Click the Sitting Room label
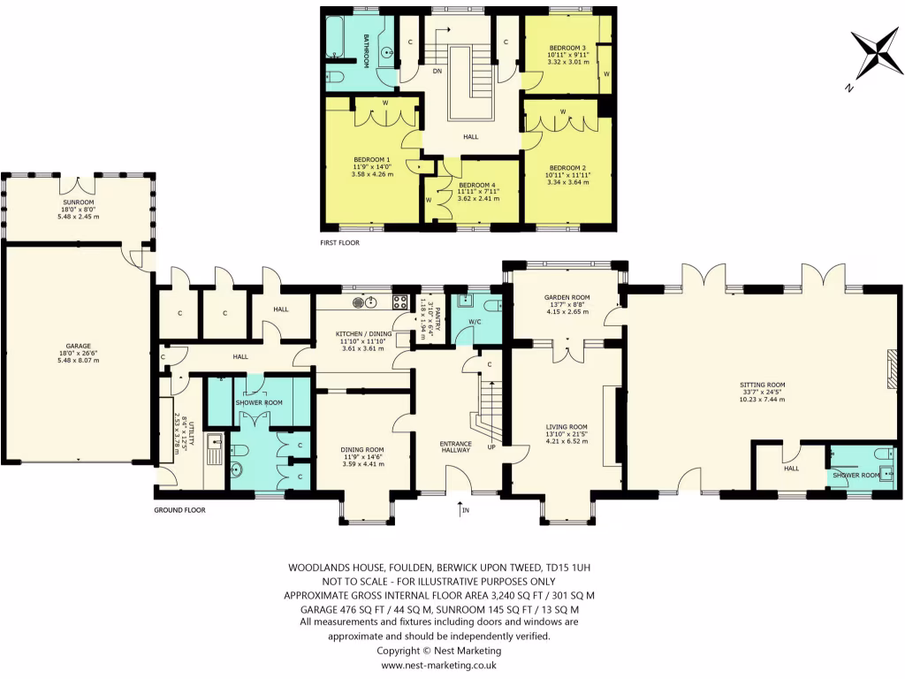(x=762, y=391)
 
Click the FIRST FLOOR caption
(x=340, y=241)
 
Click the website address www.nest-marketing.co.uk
(x=438, y=665)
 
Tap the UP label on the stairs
(x=491, y=447)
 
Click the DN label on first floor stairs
(x=437, y=72)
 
